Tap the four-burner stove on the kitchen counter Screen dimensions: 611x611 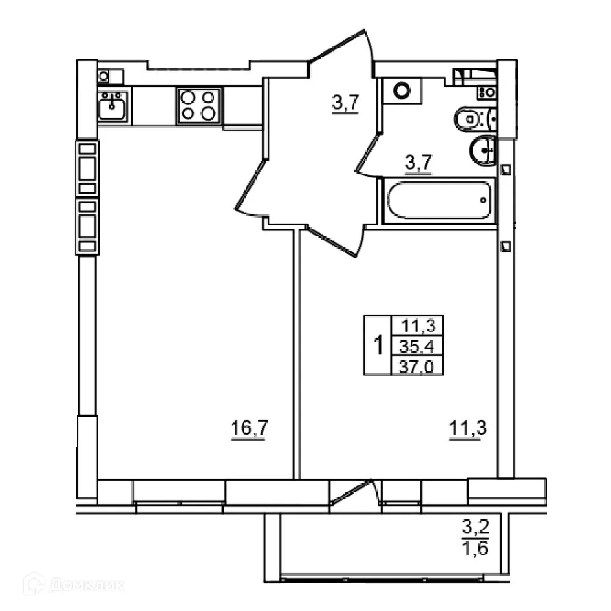pyautogui.click(x=200, y=105)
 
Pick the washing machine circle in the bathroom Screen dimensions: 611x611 pyautogui.click(x=401, y=91)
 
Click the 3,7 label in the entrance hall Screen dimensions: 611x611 pyautogui.click(x=344, y=103)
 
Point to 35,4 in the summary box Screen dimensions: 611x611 pyautogui.click(x=413, y=346)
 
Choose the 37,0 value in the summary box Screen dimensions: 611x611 pyautogui.click(x=413, y=365)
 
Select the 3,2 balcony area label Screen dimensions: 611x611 pyautogui.click(x=475, y=524)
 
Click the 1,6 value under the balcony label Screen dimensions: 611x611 pyautogui.click(x=475, y=544)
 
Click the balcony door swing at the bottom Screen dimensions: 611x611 pyautogui.click(x=354, y=492)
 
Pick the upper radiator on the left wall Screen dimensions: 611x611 pyautogui.click(x=87, y=166)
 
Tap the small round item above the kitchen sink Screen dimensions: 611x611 pyautogui.click(x=103, y=76)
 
